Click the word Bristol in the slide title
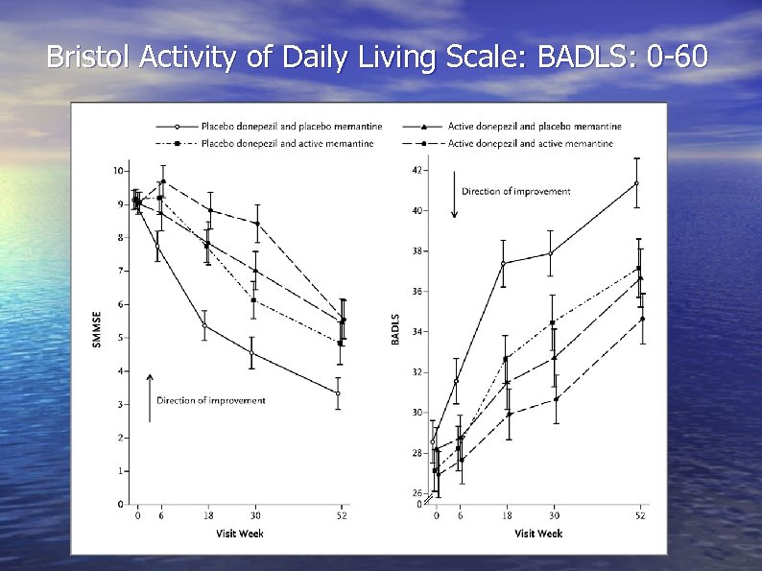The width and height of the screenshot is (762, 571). tap(88, 59)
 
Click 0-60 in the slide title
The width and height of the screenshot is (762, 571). tap(678, 59)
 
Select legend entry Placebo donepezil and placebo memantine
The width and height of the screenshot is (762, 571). tap(291, 127)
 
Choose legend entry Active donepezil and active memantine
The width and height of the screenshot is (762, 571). tap(535, 143)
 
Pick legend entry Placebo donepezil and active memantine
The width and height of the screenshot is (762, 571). tap(287, 143)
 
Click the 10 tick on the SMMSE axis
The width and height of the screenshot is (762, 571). tap(119, 171)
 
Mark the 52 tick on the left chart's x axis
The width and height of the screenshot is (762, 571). tap(342, 516)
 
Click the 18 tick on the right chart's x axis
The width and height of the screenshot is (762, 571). tap(507, 516)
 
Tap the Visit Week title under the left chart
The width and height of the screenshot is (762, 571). tap(239, 534)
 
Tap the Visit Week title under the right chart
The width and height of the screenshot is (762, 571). tap(538, 534)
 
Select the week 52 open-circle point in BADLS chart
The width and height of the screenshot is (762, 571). tap(636, 183)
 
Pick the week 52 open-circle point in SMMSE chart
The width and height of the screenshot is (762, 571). tap(338, 393)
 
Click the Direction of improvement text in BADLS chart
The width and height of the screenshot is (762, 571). tap(515, 191)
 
